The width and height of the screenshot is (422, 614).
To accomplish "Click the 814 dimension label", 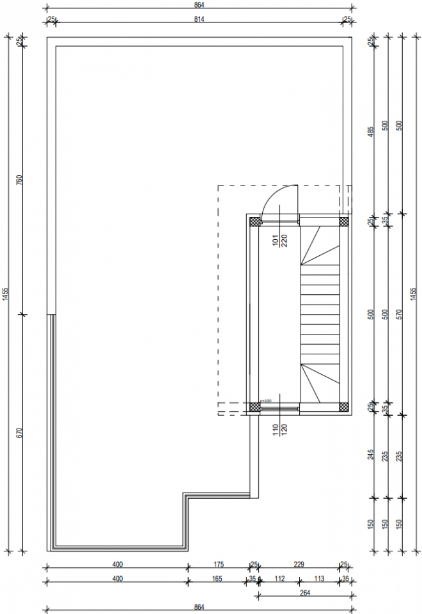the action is (199, 20).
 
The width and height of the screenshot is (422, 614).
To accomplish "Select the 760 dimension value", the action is (19, 179).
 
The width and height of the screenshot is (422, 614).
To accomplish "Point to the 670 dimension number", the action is (19, 432).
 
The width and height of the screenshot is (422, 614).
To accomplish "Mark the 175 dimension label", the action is (218, 565).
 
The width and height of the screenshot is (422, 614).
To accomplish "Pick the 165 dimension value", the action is (217, 579).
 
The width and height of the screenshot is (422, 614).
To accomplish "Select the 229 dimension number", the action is (298, 565).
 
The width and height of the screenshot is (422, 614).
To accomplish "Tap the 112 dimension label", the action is (279, 579).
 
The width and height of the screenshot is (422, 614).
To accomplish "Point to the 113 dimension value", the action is (319, 579).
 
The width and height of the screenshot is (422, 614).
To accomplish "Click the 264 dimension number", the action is (304, 593).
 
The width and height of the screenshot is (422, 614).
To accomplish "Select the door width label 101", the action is (275, 240).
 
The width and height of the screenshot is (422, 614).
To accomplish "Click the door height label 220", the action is (284, 240).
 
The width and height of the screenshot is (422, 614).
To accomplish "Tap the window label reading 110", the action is (275, 429).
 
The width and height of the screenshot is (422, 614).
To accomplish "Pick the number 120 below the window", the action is (284, 429).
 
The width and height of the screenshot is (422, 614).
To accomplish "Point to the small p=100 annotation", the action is (265, 401).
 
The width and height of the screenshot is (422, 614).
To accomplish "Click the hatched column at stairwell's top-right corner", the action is (343, 221).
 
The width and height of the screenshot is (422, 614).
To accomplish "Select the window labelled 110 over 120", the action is (279, 407).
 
